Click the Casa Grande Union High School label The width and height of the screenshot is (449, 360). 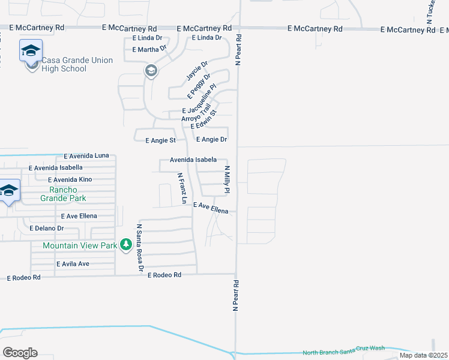click(64, 64)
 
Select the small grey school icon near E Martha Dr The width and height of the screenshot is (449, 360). click(151, 71)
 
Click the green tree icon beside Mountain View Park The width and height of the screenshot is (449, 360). click(125, 245)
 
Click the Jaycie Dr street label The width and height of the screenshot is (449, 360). click(196, 70)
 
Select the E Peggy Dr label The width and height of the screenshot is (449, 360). click(199, 86)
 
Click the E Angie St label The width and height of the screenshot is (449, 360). click(160, 140)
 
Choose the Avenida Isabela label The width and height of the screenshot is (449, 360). click(193, 160)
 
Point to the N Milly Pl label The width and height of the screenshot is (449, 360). click(228, 179)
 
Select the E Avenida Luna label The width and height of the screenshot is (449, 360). click(86, 155)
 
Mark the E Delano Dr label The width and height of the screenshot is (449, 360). click(47, 228)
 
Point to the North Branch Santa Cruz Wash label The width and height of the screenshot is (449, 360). click(343, 348)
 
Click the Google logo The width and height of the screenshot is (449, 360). click(20, 353)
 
